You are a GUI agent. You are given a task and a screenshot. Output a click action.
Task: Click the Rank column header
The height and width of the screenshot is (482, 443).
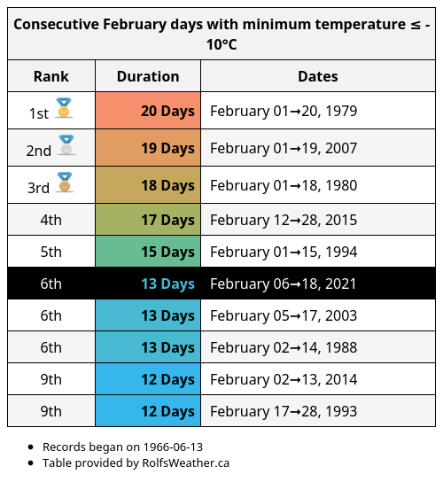pyautogui.click(x=51, y=76)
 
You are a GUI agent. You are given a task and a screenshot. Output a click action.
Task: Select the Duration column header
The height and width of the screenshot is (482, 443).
pyautogui.click(x=148, y=76)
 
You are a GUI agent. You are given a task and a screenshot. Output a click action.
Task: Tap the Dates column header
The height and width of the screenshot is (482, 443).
pyautogui.click(x=317, y=76)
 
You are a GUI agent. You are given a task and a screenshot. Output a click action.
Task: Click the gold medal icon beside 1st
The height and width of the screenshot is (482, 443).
pyautogui.click(x=63, y=109)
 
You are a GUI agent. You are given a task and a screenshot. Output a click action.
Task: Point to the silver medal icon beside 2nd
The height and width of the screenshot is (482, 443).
pyautogui.click(x=66, y=145)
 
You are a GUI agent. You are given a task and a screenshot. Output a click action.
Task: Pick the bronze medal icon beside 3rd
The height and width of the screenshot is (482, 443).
pyautogui.click(x=64, y=183)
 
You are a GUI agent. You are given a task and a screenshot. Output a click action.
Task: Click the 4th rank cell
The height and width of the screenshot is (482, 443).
pyautogui.click(x=51, y=220)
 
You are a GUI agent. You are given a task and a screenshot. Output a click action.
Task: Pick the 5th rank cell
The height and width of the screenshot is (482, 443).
pyautogui.click(x=51, y=252)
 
